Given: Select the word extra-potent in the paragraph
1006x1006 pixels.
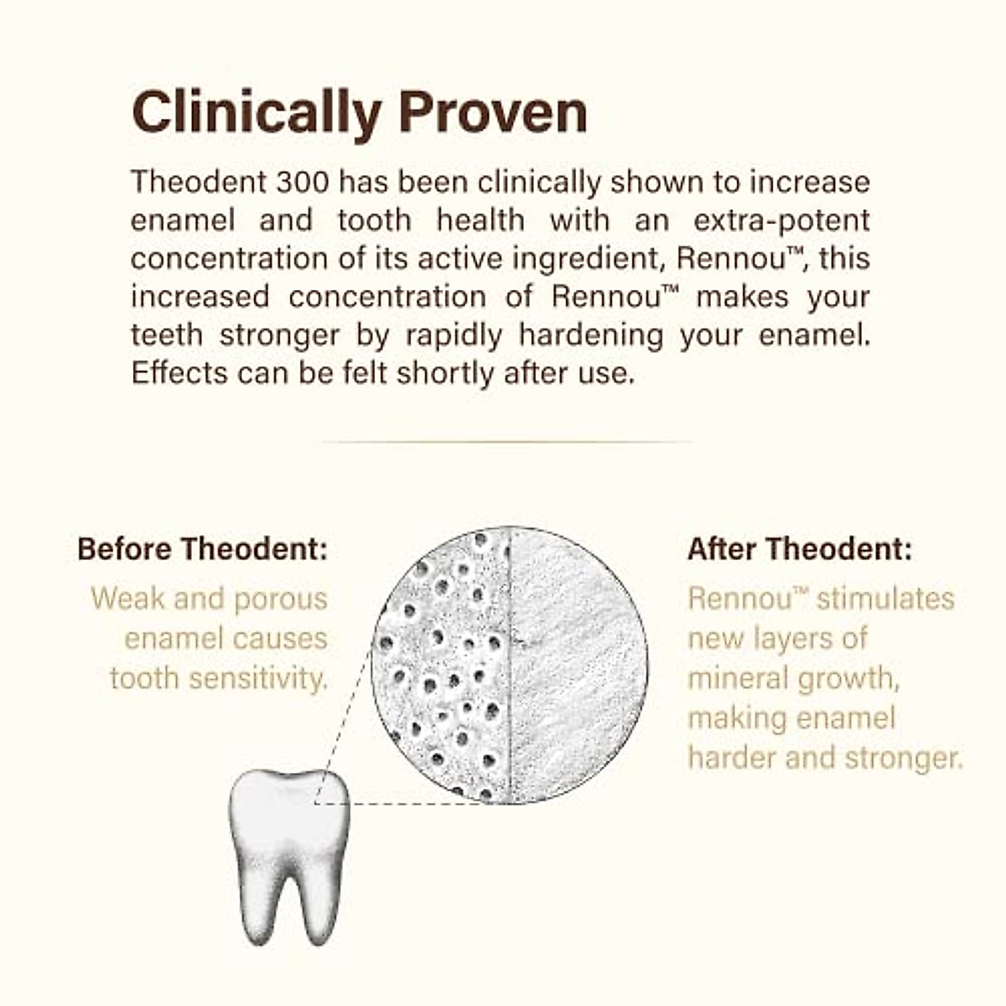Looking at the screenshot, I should click(x=781, y=220).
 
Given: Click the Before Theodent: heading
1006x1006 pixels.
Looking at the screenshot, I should click(x=202, y=549).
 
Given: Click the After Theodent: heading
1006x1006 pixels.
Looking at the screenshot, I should click(x=799, y=549).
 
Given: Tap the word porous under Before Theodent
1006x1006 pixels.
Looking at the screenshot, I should click(x=280, y=599).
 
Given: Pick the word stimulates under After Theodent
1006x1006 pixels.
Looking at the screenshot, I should click(x=885, y=599).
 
